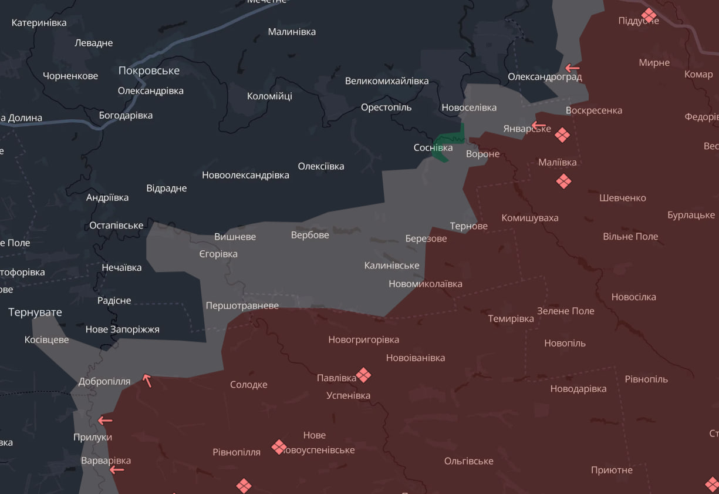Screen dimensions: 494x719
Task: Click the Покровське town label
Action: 149,70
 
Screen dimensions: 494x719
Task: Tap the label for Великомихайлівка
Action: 387,81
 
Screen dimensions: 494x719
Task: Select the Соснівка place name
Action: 433,147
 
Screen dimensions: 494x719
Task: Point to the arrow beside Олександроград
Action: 572,68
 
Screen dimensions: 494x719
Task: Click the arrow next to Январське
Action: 538,126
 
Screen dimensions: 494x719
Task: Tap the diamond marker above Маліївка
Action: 562,135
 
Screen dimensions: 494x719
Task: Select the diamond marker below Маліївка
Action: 563,181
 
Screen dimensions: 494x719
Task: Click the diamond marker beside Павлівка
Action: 364,375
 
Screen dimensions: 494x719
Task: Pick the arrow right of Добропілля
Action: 147,381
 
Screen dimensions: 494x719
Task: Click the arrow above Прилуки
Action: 105,420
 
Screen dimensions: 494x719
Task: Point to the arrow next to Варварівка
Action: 117,469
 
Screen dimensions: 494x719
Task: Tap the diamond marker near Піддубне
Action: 649,15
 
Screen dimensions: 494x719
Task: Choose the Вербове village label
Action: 310,235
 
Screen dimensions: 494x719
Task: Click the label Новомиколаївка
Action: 426,284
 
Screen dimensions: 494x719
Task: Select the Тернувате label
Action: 35,312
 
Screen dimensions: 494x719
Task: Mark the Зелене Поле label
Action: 566,311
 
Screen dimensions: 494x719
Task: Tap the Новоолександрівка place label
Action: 245,175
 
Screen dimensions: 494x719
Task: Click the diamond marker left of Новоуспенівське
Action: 279,447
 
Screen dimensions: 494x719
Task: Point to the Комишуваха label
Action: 530,218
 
